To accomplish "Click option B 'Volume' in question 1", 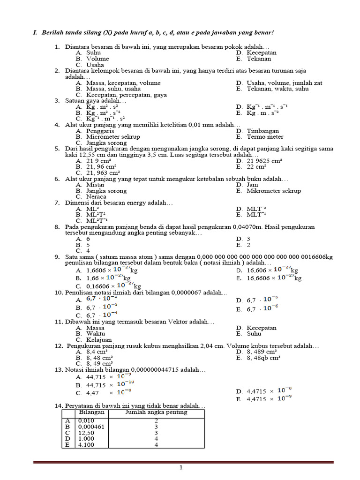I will click(97, 59).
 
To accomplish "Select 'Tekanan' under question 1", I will click(259, 59).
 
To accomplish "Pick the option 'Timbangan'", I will click(262, 131).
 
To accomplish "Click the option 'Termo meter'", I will click(265, 137).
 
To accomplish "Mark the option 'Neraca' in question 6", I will click(96, 197).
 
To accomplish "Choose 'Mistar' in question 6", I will click(96, 185).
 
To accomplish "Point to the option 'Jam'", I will click(253, 185).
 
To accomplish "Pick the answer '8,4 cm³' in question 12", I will click(97, 352).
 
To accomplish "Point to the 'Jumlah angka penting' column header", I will click(156, 412).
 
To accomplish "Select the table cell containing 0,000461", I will click(91, 427).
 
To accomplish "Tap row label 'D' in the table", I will click(67, 439).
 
